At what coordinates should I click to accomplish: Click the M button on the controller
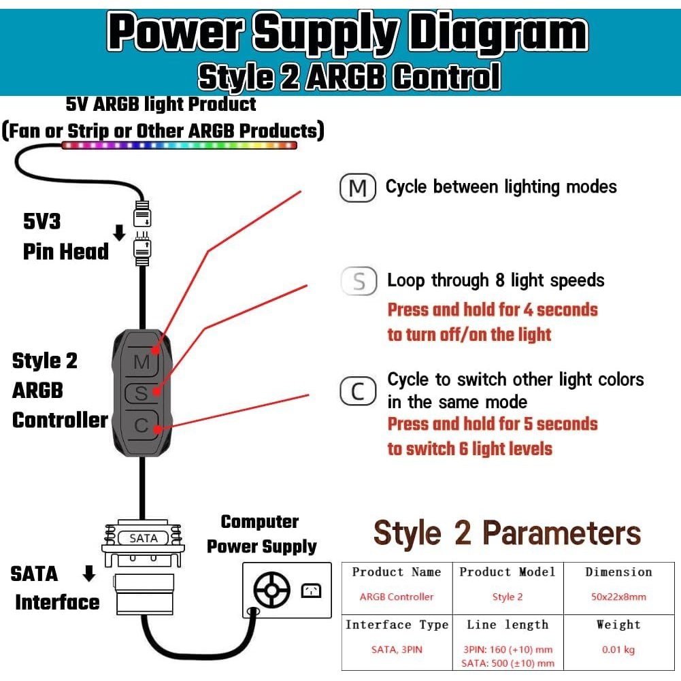click(142, 362)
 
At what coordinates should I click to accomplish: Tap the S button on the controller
click(142, 393)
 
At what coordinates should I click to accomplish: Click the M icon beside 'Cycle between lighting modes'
click(357, 188)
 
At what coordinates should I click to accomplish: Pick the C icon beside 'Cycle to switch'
click(357, 392)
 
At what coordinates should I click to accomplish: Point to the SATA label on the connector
click(143, 538)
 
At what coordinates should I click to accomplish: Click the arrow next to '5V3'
click(119, 233)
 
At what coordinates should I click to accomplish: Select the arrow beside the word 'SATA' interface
click(89, 574)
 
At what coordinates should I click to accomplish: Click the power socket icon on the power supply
click(310, 590)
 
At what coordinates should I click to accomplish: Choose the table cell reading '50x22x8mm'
click(618, 597)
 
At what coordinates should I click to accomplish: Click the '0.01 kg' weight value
click(618, 650)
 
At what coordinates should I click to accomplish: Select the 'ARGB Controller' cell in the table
click(397, 597)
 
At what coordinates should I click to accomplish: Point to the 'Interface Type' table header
click(397, 625)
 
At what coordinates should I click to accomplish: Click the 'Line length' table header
click(508, 625)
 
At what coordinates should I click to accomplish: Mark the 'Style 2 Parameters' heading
click(508, 533)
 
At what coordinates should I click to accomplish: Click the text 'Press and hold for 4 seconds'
click(493, 310)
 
